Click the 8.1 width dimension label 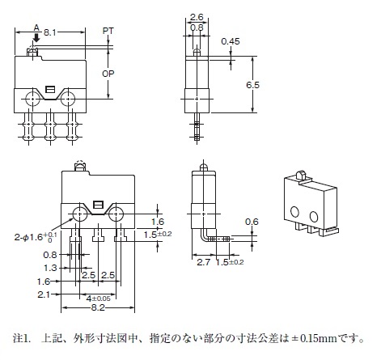(x=50, y=32)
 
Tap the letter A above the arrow (x=36, y=28)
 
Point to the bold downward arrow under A (x=36, y=37)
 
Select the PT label (x=108, y=31)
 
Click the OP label (x=108, y=74)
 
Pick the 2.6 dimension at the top (x=197, y=17)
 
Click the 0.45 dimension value (x=231, y=41)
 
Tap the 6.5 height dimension (x=252, y=85)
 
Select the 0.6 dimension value (x=252, y=222)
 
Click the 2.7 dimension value (x=203, y=262)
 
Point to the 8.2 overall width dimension (x=98, y=307)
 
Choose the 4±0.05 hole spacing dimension (x=99, y=299)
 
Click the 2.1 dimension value (x=44, y=294)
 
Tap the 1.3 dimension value (x=50, y=268)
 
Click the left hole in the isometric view (x=294, y=212)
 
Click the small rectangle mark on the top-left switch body (x=49, y=89)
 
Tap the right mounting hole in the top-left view (x=68, y=99)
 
